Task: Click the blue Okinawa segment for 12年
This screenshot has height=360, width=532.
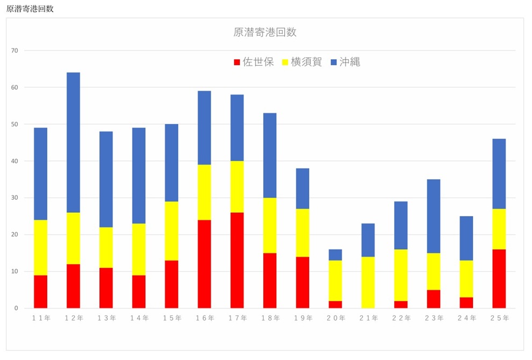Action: tap(73, 142)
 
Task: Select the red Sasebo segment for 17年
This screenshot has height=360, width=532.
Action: tap(237, 260)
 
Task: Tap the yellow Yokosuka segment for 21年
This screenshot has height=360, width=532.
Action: tap(368, 282)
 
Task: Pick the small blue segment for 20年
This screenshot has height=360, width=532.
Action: tap(335, 255)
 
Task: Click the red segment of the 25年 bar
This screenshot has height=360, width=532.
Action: tap(499, 278)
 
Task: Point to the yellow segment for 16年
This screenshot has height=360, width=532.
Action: tap(204, 192)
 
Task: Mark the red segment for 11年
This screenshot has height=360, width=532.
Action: tap(40, 291)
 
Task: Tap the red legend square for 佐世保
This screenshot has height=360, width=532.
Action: tap(237, 62)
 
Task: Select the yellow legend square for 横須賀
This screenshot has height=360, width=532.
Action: tap(285, 62)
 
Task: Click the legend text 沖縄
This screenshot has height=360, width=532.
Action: tap(349, 62)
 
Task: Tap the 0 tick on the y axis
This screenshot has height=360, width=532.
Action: tap(16, 308)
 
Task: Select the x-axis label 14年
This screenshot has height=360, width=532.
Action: tap(139, 318)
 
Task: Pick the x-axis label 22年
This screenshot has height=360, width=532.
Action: tap(401, 318)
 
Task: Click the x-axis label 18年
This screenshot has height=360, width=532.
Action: tap(270, 318)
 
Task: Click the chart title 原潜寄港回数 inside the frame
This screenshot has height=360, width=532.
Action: tap(265, 32)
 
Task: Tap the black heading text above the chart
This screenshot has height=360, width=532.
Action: tap(30, 9)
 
